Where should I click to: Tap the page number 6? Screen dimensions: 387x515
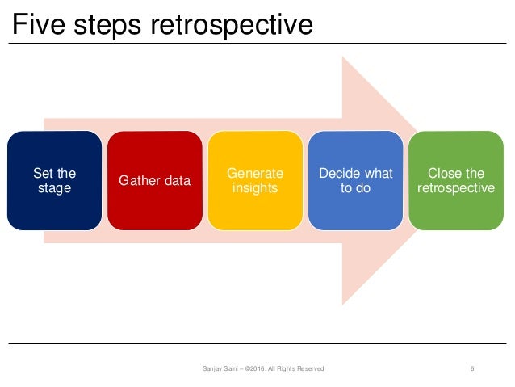click(471, 368)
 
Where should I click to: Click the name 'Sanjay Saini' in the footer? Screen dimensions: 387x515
click(220, 368)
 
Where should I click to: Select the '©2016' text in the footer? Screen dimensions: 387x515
click(257, 368)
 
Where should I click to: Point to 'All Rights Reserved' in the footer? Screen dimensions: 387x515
click(298, 368)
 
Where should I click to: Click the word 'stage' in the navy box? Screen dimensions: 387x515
click(54, 188)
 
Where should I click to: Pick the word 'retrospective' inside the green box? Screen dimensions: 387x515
click(457, 188)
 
